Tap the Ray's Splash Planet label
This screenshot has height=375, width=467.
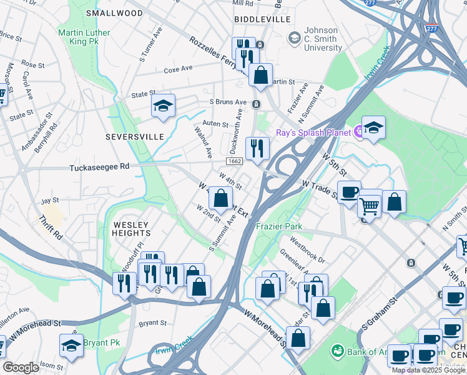pos(312,132)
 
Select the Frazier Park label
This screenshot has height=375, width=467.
pos(279,226)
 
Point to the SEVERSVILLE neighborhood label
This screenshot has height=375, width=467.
pos(134,136)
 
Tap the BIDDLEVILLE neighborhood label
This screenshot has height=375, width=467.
pos(262,19)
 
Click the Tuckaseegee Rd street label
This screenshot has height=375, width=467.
pos(99,167)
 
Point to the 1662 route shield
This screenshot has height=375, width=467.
pos(235,161)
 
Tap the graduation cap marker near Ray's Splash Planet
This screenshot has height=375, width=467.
pos(373,128)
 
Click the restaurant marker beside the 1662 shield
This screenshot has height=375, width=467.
pos(257,149)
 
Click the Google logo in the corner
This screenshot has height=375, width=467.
pos(21,367)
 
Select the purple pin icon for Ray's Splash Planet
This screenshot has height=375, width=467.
pos(359,132)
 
